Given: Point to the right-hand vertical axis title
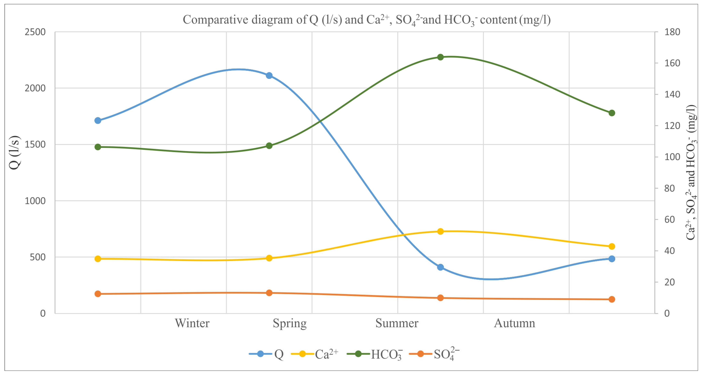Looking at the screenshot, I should (691, 172).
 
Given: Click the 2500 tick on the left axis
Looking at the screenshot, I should (35, 32).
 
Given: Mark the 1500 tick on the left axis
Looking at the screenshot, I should (35, 144).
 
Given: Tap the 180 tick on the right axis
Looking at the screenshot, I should (672, 32).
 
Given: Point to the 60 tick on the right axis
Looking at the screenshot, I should (669, 219).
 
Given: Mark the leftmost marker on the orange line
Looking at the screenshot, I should (98, 294).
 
